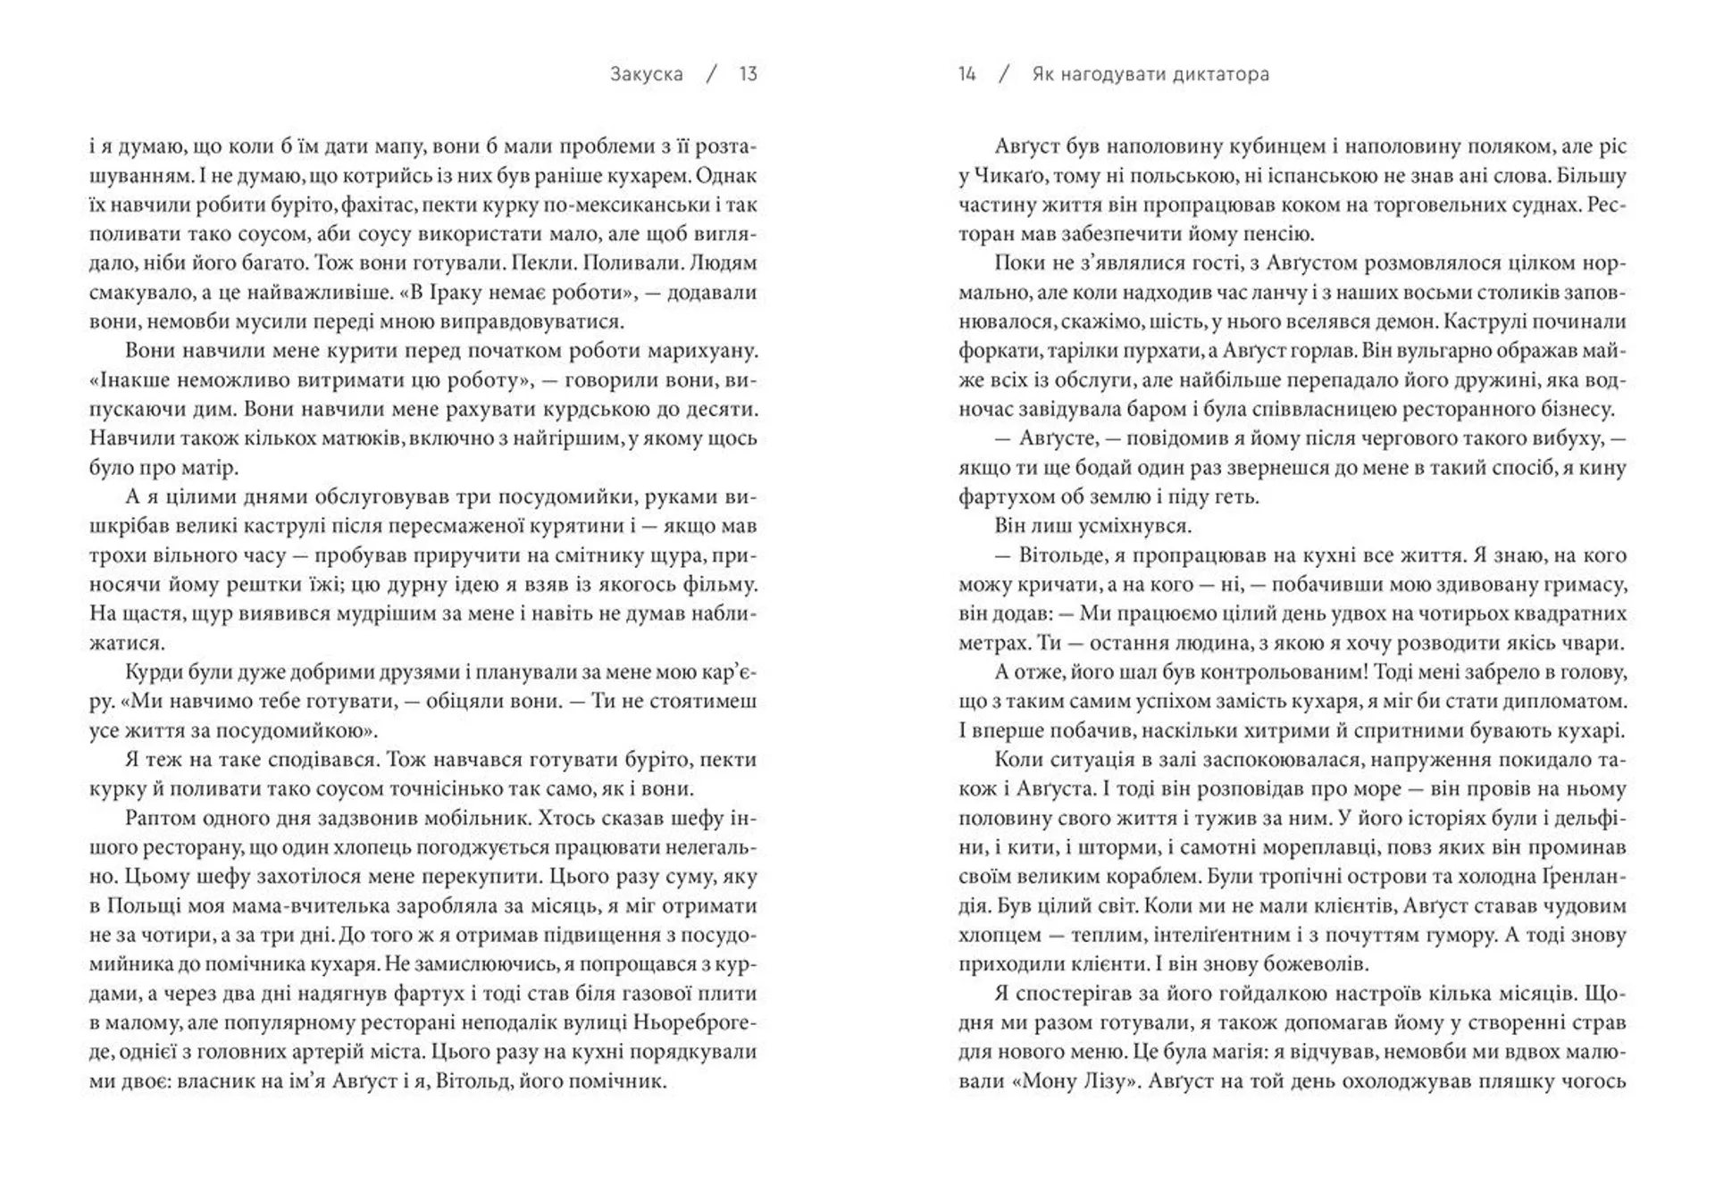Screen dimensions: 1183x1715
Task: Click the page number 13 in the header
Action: pyautogui.click(x=748, y=74)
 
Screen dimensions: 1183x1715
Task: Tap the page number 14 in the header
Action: pyautogui.click(x=966, y=74)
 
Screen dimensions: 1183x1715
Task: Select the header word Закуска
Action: pyautogui.click(x=647, y=74)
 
